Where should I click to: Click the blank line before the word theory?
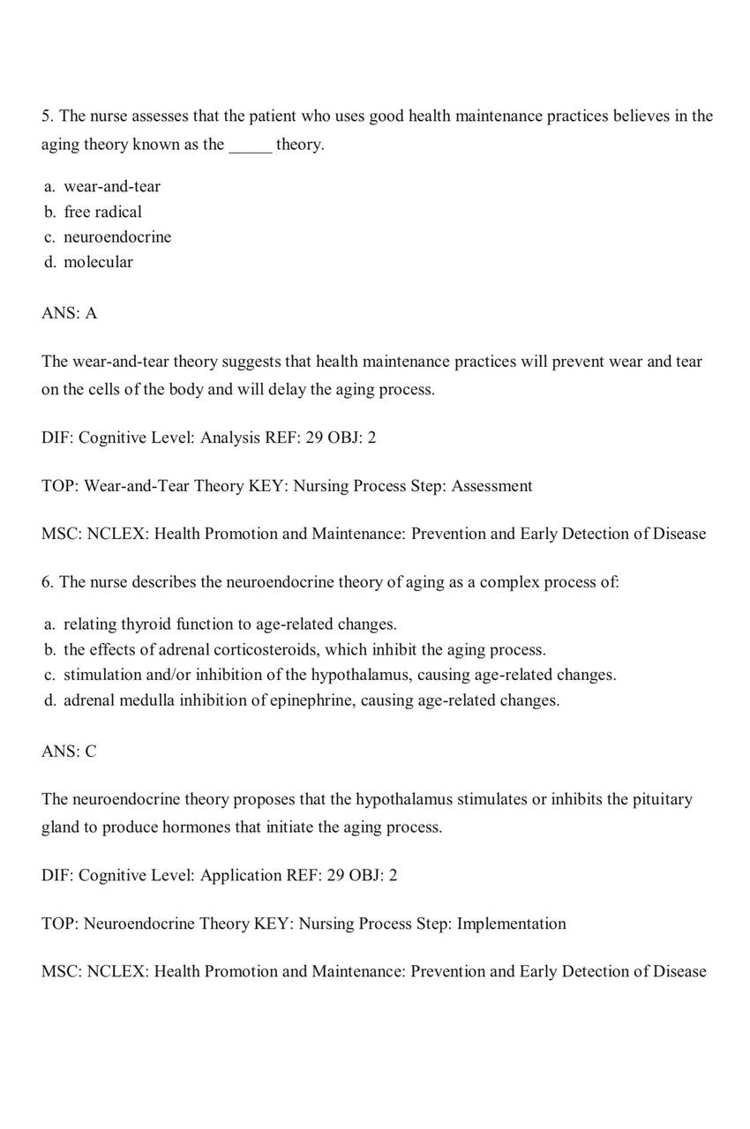tap(250, 146)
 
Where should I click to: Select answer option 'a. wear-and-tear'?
tap(102, 186)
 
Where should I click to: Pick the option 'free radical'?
tap(102, 212)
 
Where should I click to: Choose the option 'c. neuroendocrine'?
tap(108, 236)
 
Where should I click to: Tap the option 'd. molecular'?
tap(88, 262)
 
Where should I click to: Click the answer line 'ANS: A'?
tap(69, 313)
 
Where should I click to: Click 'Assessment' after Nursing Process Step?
tap(491, 486)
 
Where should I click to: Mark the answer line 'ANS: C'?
tap(69, 751)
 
